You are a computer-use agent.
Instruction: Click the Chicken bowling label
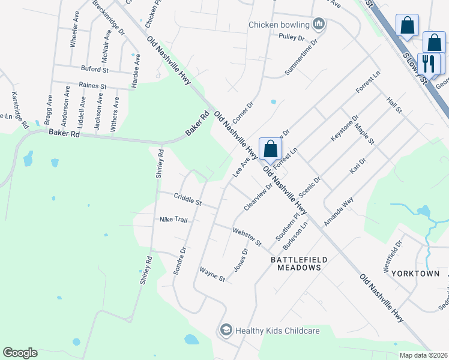tap(279, 25)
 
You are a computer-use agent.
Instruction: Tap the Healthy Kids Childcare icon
tap(226, 329)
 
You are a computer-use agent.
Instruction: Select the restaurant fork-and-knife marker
tap(429, 63)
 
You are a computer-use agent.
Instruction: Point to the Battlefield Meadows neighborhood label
tap(299, 263)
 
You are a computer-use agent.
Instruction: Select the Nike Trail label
tap(173, 220)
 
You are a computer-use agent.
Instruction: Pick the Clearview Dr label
tap(258, 197)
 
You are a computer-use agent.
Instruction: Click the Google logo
tap(20, 353)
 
